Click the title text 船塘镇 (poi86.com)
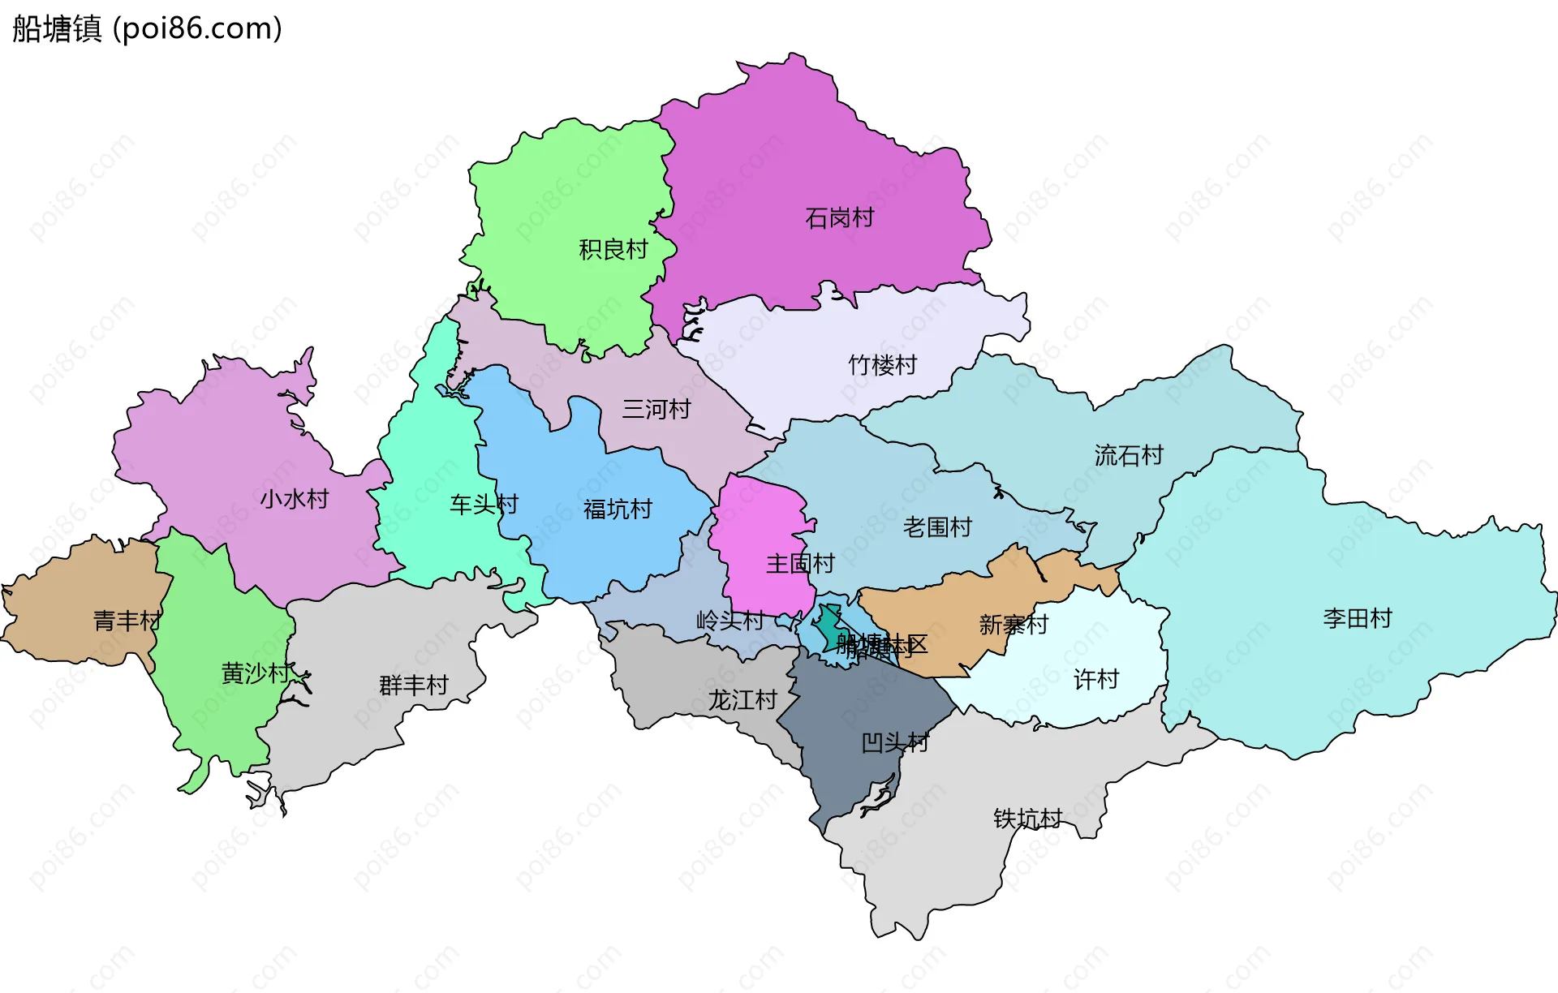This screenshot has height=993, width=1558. [x=147, y=28]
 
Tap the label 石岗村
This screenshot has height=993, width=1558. [x=839, y=217]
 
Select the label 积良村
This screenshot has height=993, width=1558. [x=613, y=249]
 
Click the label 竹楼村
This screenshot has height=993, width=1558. [x=882, y=365]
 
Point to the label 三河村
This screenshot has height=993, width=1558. [x=656, y=409]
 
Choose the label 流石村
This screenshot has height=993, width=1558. [x=1128, y=455]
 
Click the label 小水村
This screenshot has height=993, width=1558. [x=294, y=498]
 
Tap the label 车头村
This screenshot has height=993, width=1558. [x=484, y=505]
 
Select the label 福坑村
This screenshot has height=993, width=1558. [x=618, y=509]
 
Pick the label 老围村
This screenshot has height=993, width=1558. [x=937, y=527]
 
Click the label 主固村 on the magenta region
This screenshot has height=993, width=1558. [x=800, y=563]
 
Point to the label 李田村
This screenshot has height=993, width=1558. [x=1357, y=618]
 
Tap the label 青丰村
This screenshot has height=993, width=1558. [x=127, y=621]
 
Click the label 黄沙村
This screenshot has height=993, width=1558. [x=255, y=673]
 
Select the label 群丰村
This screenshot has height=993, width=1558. [x=413, y=685]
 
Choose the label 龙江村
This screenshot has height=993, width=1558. [x=742, y=699]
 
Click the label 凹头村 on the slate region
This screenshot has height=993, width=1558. [x=894, y=742]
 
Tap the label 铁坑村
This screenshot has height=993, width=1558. [x=1027, y=819]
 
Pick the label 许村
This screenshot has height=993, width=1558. [x=1095, y=679]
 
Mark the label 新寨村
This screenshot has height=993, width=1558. [x=1014, y=625]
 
